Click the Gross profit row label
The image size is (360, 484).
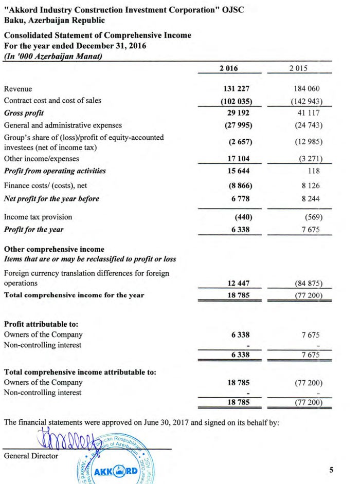pyautogui.click(x=23, y=113)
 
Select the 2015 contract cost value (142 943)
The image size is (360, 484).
pyautogui.click(x=307, y=101)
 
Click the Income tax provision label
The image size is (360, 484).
pyautogui.click(x=38, y=217)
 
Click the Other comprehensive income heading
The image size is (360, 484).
pyautogui.click(x=54, y=249)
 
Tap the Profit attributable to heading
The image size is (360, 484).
pyautogui.click(x=41, y=325)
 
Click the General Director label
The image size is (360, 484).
pyautogui.click(x=31, y=456)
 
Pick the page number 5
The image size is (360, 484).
pyautogui.click(x=331, y=469)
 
